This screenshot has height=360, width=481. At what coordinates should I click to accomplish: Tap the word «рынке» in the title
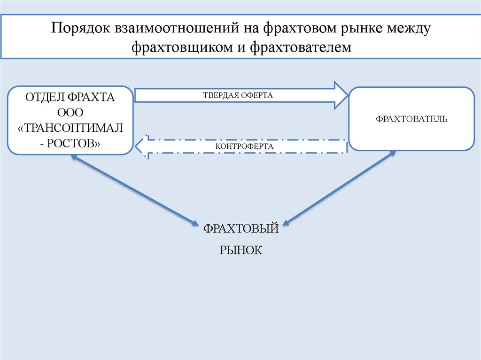point(357,29)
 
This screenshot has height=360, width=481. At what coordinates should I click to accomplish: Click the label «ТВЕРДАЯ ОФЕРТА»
point(238,95)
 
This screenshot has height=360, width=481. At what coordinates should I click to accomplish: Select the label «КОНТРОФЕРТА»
point(244,146)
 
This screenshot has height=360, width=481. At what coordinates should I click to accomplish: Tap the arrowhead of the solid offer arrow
point(340,95)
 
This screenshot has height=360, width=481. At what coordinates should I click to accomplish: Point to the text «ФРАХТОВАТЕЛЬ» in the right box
point(411,119)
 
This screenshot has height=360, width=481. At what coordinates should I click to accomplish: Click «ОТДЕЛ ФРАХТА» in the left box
point(70,98)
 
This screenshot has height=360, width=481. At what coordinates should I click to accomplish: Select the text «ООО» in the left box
point(70,113)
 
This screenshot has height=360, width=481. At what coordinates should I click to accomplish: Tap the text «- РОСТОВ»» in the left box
point(70,143)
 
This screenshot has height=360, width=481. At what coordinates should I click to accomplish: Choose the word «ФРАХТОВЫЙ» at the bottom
point(241,229)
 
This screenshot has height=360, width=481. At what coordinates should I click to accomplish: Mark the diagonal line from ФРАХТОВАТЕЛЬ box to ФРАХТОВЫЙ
point(340,187)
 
